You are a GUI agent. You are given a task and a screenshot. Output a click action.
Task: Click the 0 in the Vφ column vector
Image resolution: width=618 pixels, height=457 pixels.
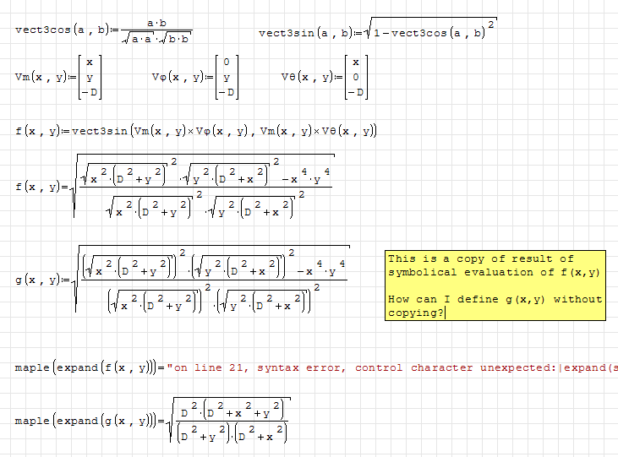(x=226, y=62)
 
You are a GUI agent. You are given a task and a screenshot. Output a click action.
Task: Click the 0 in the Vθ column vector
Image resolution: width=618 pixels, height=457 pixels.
(x=356, y=77)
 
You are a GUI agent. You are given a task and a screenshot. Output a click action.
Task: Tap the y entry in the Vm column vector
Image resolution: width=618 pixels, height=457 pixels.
(x=90, y=77)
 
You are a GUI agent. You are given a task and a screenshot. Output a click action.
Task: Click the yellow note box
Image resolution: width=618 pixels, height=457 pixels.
(x=495, y=286)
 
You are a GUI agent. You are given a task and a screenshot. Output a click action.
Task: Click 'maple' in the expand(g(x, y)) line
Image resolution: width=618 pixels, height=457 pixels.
(x=31, y=420)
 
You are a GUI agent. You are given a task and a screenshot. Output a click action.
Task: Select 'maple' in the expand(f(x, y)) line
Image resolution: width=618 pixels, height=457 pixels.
(x=31, y=367)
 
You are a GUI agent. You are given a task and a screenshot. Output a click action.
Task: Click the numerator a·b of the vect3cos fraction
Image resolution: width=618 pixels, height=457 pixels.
(x=156, y=23)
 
